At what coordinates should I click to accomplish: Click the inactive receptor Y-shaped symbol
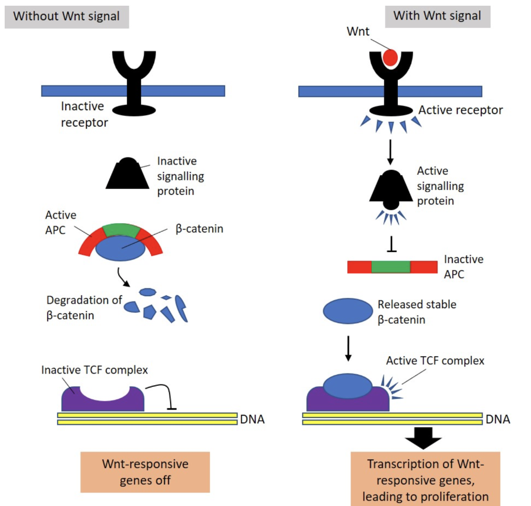point(134,78)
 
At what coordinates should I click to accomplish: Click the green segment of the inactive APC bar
point(391,267)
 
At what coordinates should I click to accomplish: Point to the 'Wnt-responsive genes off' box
point(145,471)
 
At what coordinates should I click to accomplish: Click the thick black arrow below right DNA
point(423,440)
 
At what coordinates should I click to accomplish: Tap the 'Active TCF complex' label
point(435,360)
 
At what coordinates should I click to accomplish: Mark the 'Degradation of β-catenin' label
point(83,307)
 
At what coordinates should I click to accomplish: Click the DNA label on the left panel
point(253,419)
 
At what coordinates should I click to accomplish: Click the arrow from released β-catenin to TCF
point(348,349)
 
